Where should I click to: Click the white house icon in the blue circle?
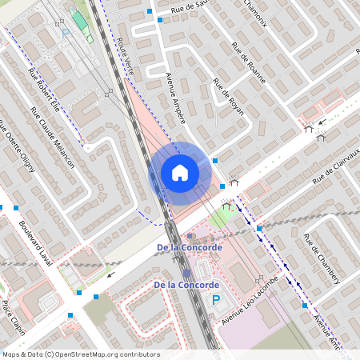(180, 172)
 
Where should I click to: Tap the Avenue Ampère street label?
(175, 98)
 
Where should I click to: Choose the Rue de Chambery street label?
(322, 258)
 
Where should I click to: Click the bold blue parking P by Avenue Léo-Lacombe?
(215, 301)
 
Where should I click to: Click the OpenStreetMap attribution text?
(81, 354)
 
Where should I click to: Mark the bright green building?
(78, 18)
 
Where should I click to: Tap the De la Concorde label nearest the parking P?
(186, 285)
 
